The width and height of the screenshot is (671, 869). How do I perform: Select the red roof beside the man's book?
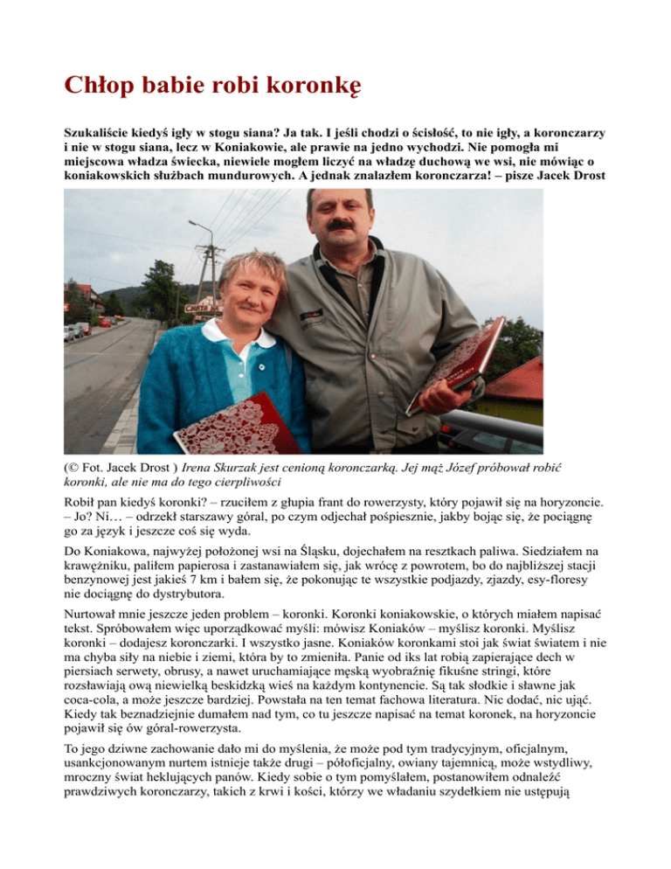519,380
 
